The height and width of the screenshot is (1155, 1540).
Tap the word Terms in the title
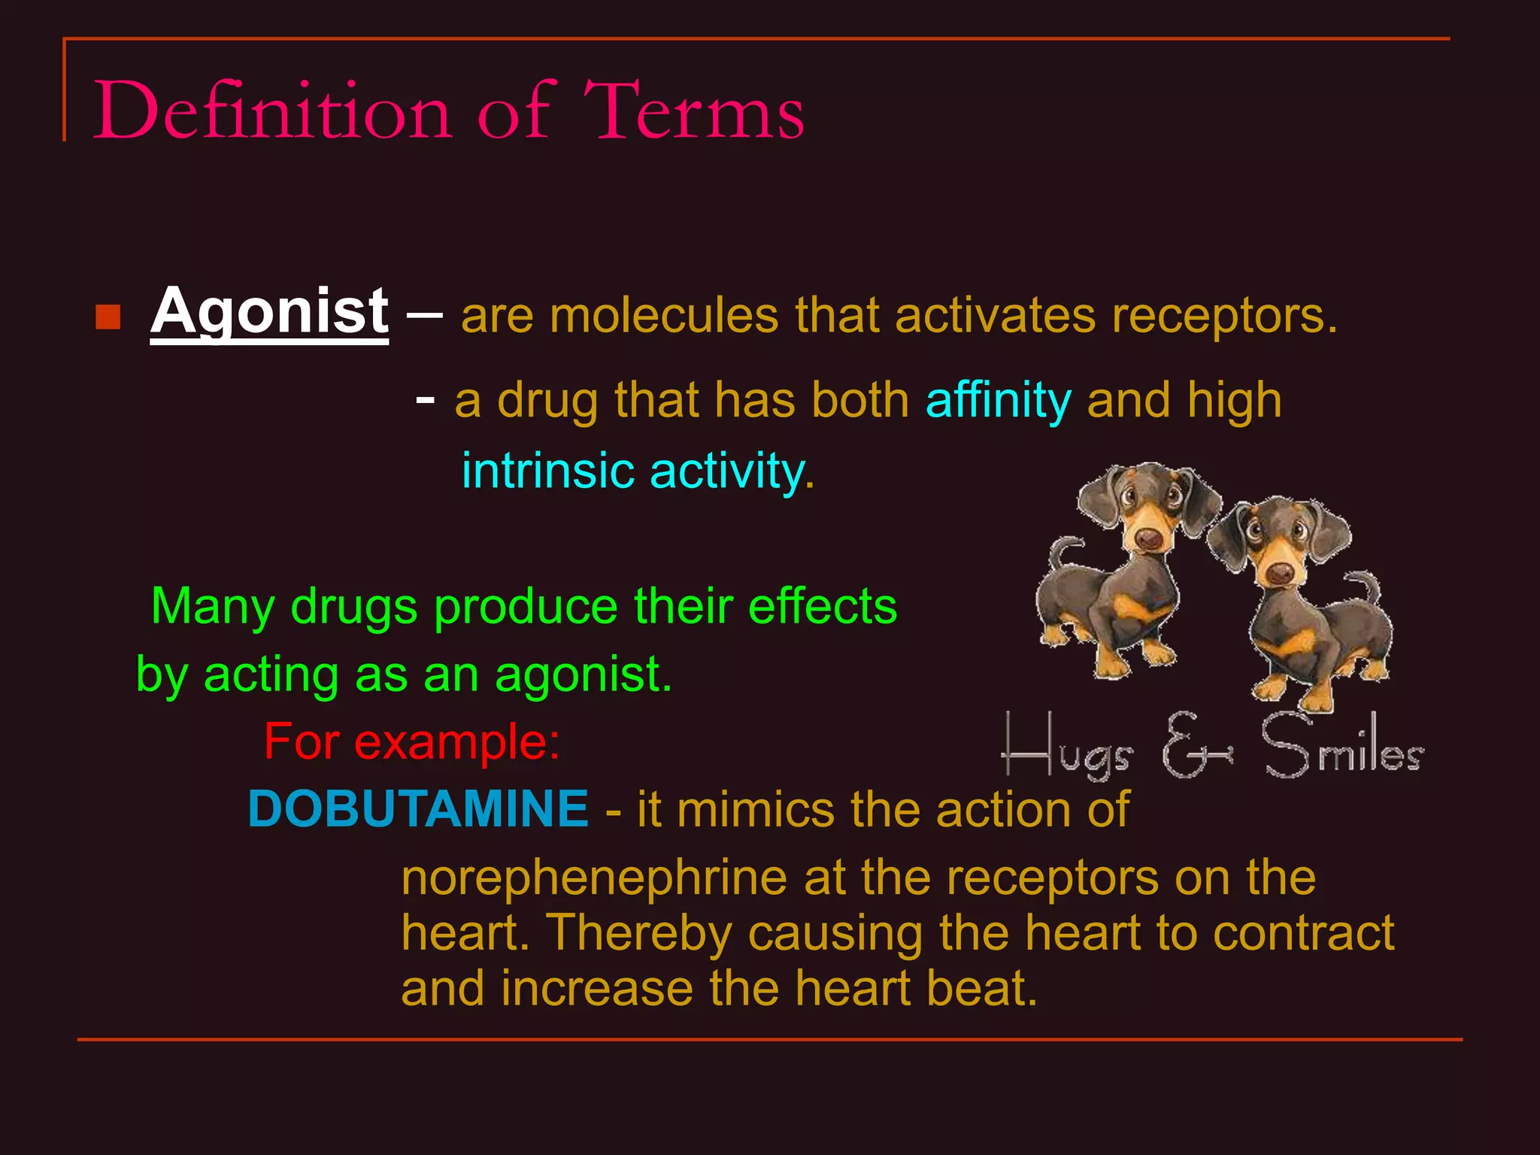pos(693,111)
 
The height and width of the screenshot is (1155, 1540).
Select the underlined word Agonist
pos(269,312)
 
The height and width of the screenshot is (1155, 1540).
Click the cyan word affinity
pos(998,400)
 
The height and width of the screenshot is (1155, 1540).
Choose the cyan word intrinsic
pos(547,471)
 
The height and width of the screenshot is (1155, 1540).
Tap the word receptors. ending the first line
pos(1224,316)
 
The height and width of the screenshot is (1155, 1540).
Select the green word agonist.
pos(583,675)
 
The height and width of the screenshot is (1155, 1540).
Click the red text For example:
pos(412,742)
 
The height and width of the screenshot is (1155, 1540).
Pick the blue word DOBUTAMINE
pos(418,809)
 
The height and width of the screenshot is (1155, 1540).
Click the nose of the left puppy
pos(1148,538)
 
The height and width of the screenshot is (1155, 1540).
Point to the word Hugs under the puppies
pos(1068,749)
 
